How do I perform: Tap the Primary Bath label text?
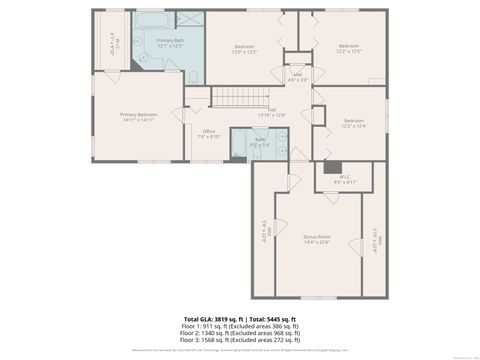coord(169,43)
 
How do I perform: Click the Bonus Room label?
coord(317,238)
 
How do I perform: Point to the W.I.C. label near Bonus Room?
coord(343,180)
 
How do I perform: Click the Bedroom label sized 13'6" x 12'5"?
coord(245,49)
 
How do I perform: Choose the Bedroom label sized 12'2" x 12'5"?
coord(347,49)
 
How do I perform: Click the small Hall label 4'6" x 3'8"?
coord(297,76)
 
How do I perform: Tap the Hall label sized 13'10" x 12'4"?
coord(272,113)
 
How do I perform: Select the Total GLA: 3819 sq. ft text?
coord(207,318)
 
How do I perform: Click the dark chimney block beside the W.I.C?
coord(330,167)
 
